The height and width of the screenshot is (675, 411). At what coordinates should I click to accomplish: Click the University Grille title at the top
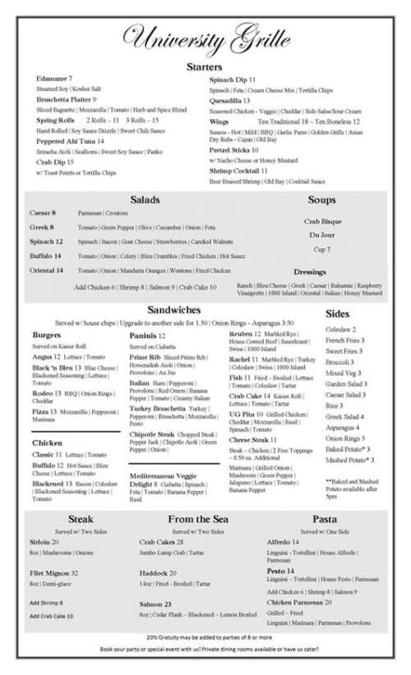(205, 37)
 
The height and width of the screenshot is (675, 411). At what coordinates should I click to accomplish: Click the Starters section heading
(205, 67)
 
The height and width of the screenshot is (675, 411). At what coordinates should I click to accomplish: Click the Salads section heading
(145, 200)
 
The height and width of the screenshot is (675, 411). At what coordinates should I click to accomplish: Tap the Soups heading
(321, 200)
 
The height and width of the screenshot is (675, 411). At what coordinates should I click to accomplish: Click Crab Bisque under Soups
(321, 222)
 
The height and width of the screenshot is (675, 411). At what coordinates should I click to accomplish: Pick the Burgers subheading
(46, 335)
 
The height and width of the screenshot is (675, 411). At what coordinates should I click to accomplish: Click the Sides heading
(338, 313)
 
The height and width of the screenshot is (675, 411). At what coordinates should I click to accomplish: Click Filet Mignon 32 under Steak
(53, 572)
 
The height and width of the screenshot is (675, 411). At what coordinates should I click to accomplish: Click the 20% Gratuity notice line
(205, 636)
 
